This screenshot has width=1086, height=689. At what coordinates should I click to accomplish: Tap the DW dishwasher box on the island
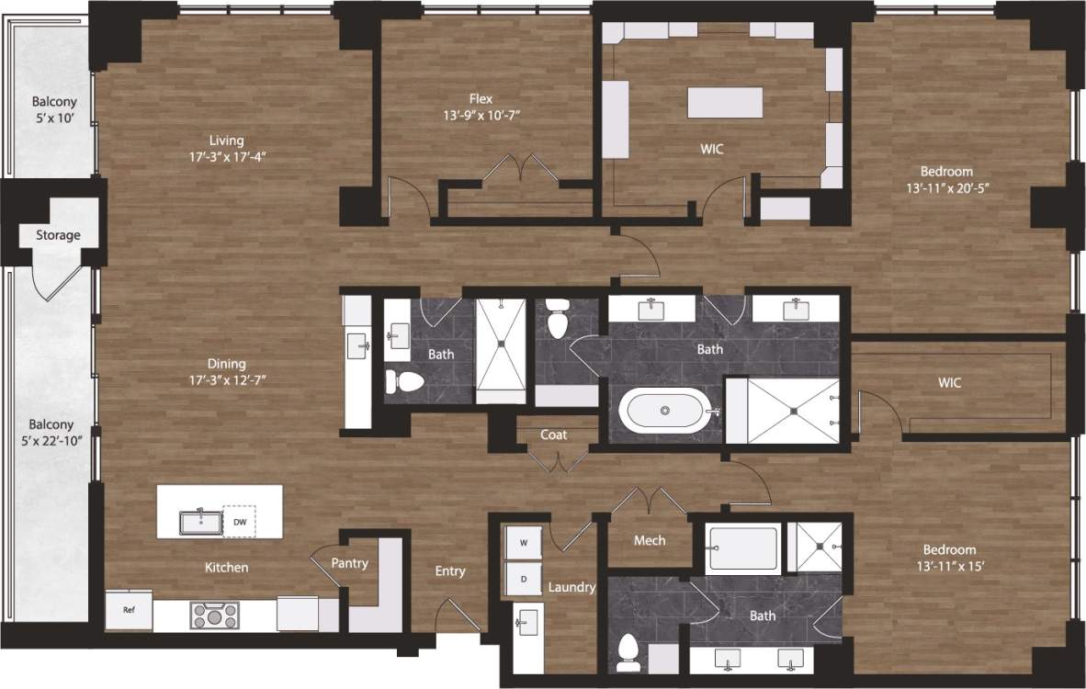click(x=240, y=522)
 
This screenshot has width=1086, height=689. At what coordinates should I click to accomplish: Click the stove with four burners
click(x=214, y=614)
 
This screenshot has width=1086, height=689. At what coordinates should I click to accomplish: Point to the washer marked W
click(x=524, y=543)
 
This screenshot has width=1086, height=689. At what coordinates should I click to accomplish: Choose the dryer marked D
click(x=524, y=580)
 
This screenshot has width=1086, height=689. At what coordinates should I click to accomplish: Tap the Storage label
click(x=58, y=235)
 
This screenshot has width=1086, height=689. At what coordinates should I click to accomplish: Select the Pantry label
click(x=349, y=563)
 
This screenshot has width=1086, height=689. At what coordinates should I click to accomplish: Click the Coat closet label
click(x=553, y=435)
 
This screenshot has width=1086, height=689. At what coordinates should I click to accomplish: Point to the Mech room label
click(x=650, y=540)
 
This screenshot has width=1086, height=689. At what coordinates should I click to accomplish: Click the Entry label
click(x=450, y=571)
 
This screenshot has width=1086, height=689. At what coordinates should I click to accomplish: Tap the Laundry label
click(x=571, y=587)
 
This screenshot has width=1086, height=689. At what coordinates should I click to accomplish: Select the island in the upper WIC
click(x=725, y=102)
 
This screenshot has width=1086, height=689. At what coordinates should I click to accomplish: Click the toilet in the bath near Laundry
click(x=629, y=650)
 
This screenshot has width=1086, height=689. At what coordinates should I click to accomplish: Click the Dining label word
click(x=226, y=364)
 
